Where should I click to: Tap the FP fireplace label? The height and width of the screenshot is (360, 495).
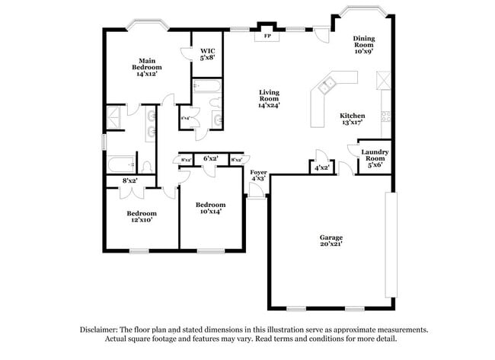point(267,36)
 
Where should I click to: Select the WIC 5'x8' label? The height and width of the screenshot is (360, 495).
point(207,53)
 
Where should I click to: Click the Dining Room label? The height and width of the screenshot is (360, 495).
point(364,45)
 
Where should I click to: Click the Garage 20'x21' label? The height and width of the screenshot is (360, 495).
point(331,241)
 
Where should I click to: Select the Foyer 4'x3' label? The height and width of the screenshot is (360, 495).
point(259,177)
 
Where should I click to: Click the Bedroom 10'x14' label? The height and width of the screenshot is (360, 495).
point(210,209)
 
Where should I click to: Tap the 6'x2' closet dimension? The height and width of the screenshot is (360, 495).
point(210,159)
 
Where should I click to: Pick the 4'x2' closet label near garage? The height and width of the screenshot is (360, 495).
point(321,167)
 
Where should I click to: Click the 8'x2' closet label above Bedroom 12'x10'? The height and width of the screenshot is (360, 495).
point(129,181)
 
